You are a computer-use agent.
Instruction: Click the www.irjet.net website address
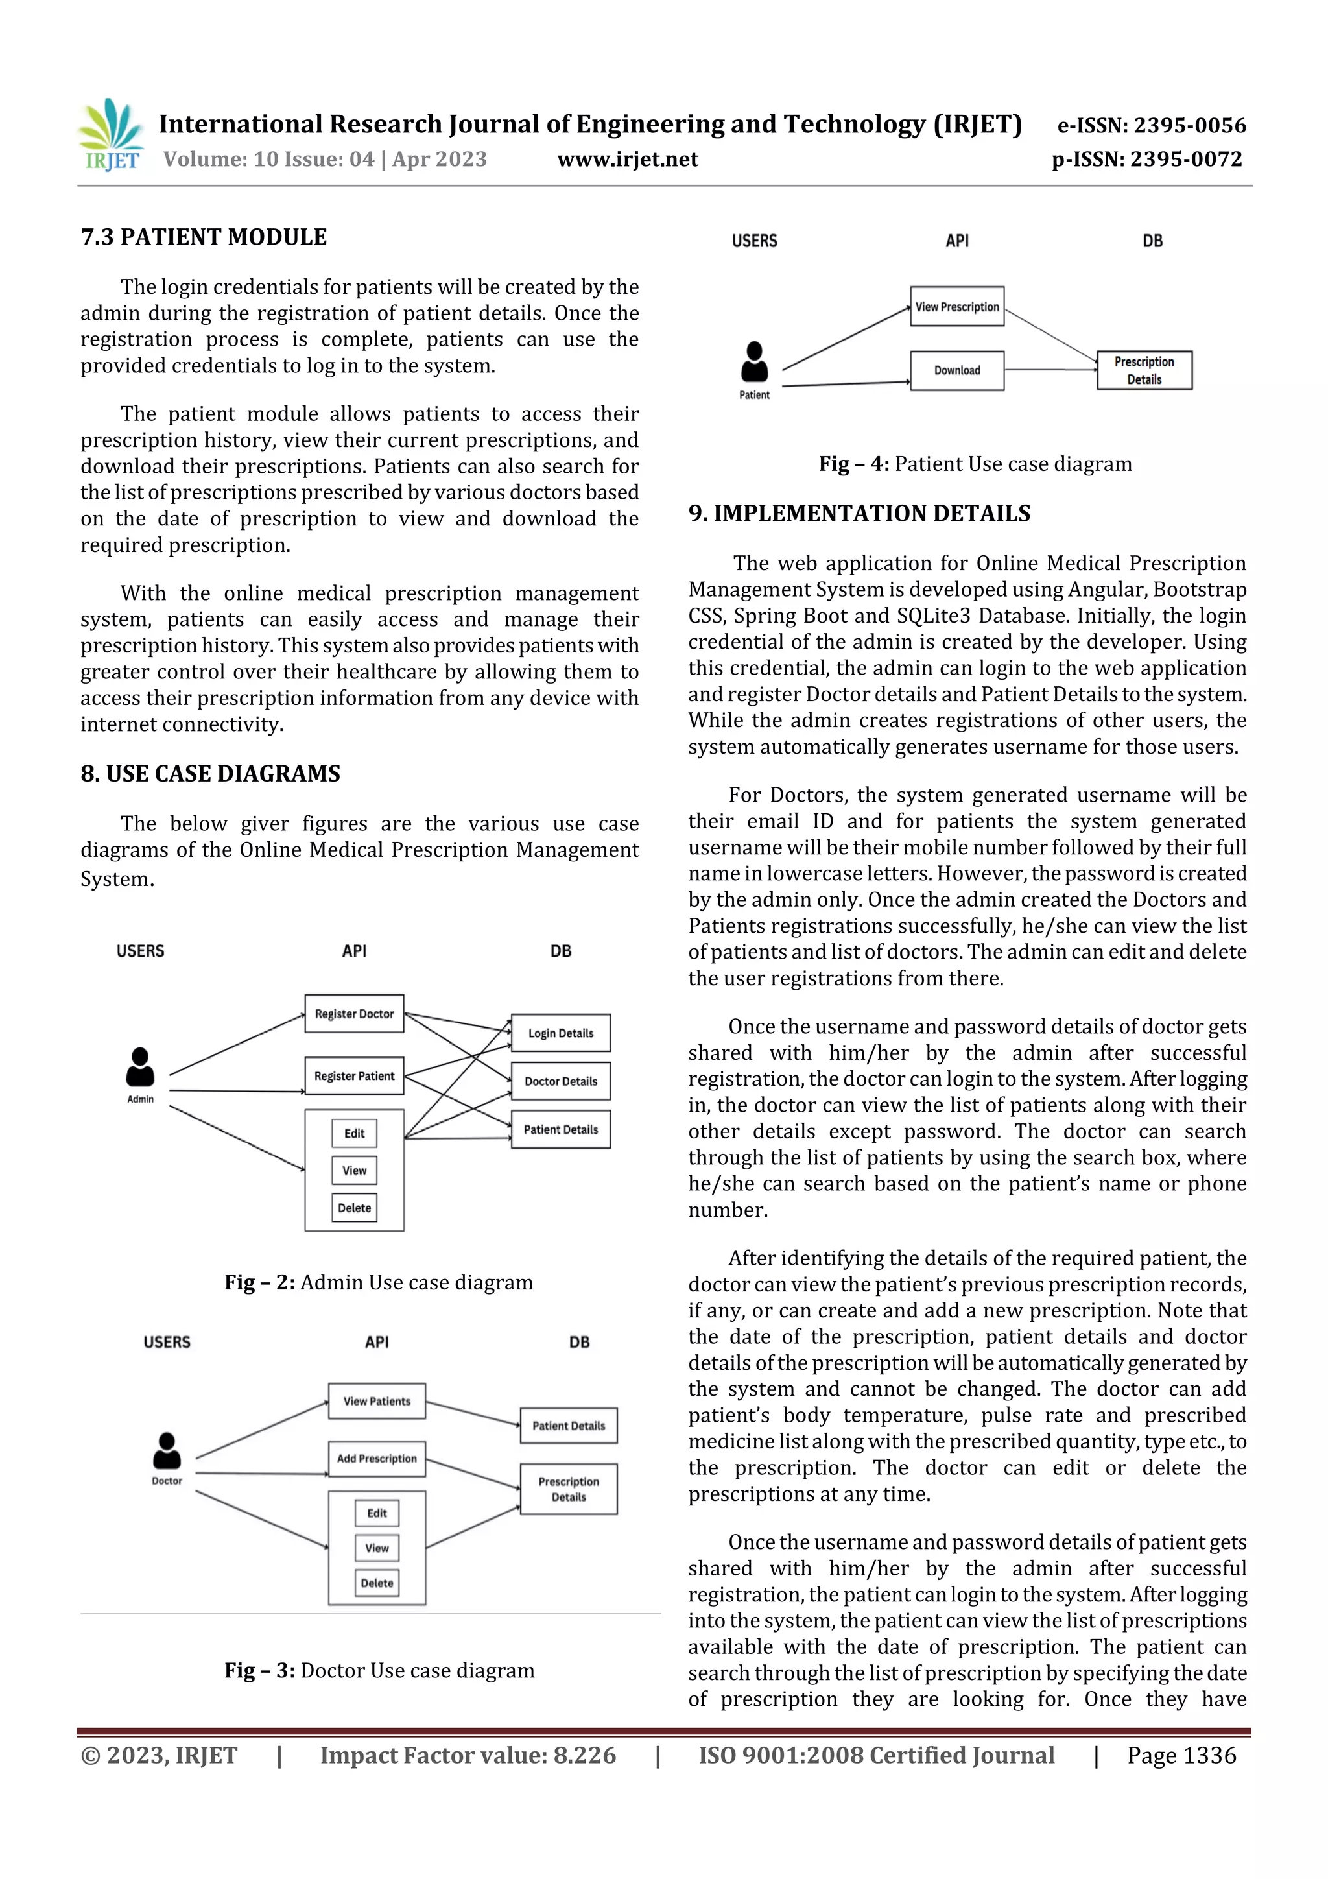[x=628, y=160]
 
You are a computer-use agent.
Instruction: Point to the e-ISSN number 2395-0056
[x=1151, y=125]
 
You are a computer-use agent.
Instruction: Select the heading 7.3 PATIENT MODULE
[x=204, y=237]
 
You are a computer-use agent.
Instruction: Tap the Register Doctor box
[x=354, y=1014]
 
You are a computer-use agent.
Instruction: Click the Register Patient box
[x=354, y=1076]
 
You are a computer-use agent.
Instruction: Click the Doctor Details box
[x=560, y=1081]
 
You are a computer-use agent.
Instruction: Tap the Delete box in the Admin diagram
[x=354, y=1208]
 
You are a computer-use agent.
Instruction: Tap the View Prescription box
[x=956, y=307]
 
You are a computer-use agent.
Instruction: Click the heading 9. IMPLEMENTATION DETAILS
[x=859, y=513]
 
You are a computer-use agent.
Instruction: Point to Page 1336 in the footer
[x=1181, y=1755]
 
